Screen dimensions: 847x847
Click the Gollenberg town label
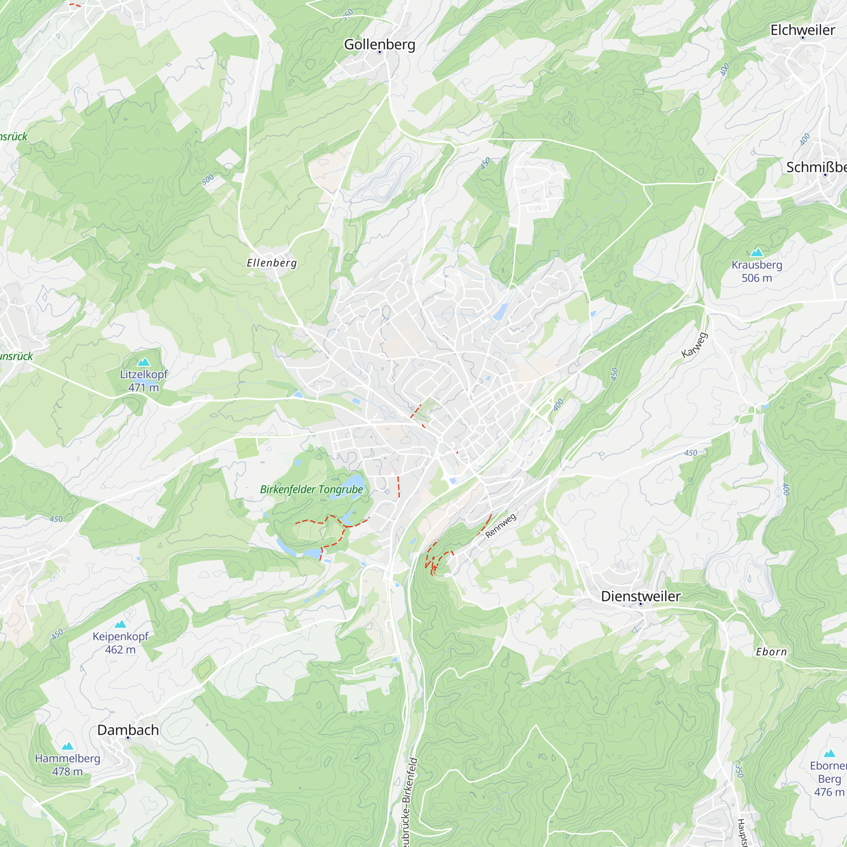coord(379,44)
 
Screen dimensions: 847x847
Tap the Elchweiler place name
coord(803,30)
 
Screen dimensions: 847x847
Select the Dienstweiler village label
coord(640,596)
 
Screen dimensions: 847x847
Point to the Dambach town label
coord(127,730)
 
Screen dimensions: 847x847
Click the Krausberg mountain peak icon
coord(757,252)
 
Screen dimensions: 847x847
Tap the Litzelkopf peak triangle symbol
coord(144,362)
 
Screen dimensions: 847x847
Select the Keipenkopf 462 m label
coord(120,643)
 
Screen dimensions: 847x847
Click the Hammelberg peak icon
coord(67,746)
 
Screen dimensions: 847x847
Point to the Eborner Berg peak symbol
coord(829,754)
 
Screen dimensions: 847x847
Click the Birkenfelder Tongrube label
coord(311,489)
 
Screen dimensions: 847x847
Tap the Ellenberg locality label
coord(272,263)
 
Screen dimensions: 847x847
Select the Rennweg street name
coord(501,526)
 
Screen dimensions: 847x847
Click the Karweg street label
coord(695,345)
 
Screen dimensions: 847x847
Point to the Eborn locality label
coord(771,652)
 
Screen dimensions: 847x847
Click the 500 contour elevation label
coord(208,180)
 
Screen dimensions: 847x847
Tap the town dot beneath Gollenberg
coord(379,52)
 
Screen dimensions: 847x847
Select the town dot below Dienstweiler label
coord(640,604)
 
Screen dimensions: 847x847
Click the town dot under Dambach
coord(128,738)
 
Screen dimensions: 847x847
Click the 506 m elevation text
coord(757,278)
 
